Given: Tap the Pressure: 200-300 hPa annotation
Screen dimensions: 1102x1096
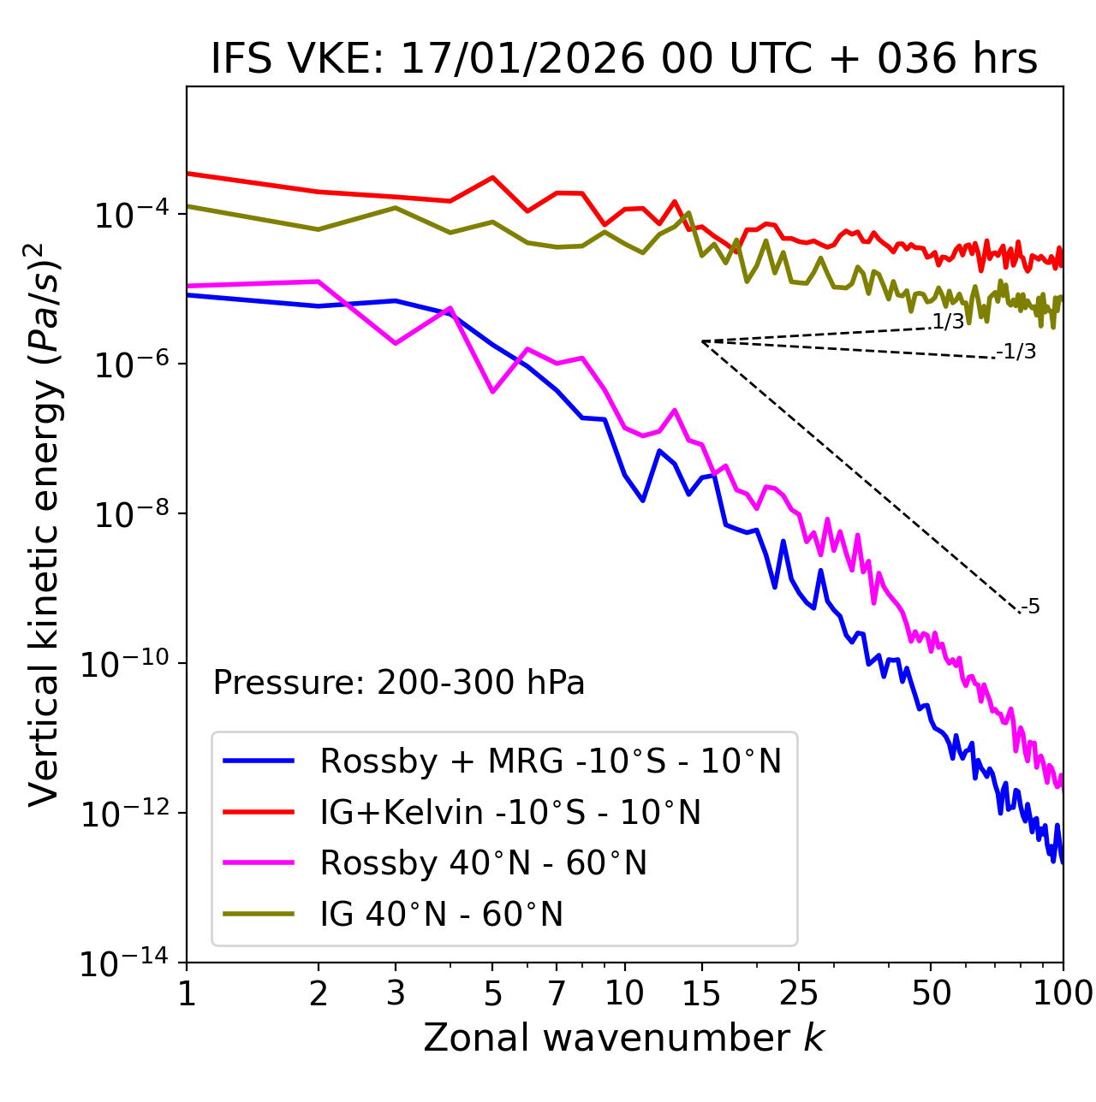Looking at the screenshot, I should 399,683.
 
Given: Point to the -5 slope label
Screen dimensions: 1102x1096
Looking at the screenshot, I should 1031,607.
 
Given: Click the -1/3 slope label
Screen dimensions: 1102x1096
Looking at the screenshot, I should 1017,352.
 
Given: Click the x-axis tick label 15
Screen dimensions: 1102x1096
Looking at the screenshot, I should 701,993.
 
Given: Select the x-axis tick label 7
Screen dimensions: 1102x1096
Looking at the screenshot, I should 557,993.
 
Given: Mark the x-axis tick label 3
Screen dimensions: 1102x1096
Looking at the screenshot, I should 395,993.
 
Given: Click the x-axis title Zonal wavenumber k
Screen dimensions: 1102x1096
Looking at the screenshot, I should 624,1038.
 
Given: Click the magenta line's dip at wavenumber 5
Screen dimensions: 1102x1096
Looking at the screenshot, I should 492,392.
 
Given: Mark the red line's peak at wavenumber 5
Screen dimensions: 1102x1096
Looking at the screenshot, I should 492,177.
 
